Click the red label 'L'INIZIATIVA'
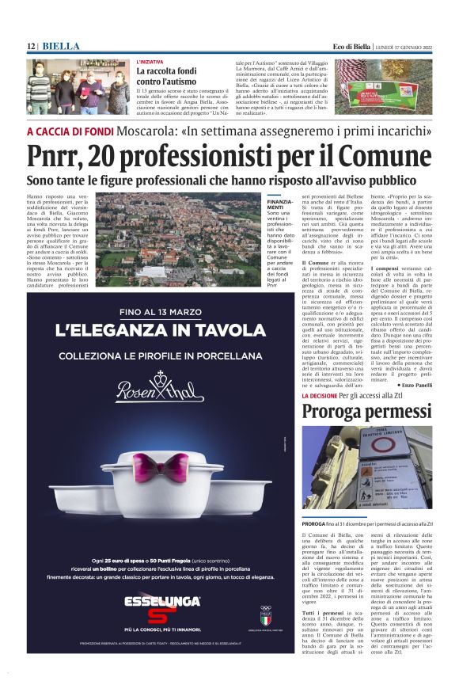point(151,62)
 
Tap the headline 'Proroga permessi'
point(366,412)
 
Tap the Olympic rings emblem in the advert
point(265,610)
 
